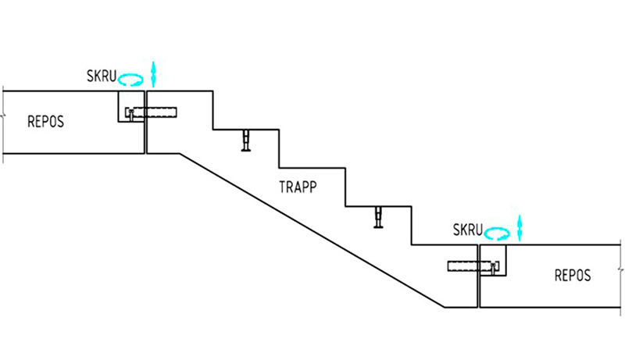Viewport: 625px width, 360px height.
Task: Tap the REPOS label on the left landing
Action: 45,122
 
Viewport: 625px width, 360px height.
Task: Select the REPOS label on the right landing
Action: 573,275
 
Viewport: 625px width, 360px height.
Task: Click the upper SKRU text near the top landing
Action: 102,77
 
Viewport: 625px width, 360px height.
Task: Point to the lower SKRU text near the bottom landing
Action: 468,230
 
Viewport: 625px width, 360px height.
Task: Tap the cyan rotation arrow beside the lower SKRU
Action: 497,232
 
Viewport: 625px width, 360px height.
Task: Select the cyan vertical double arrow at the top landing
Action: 154,73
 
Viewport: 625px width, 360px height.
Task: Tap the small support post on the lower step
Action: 380,217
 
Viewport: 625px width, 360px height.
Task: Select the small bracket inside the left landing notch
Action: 130,115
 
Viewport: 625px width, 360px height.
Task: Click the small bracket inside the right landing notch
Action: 495,268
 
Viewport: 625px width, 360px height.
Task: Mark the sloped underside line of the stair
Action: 312,230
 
